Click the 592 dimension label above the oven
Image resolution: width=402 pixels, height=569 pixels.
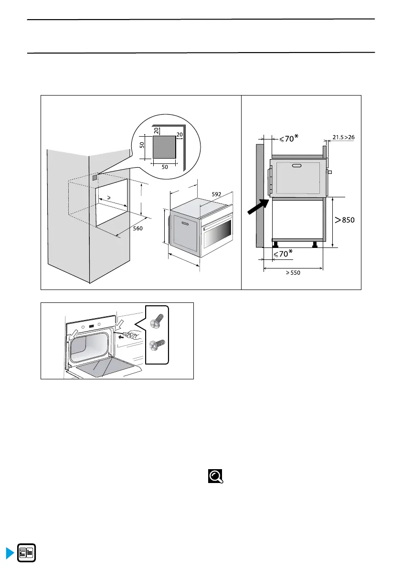(x=216, y=194)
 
